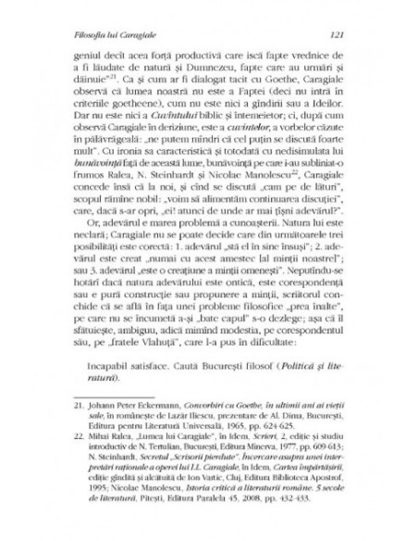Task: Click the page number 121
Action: coord(338,33)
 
